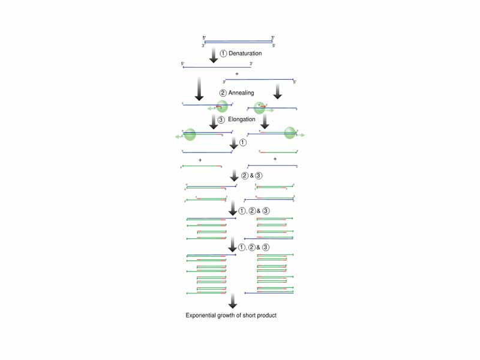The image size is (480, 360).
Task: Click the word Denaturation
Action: click(x=245, y=54)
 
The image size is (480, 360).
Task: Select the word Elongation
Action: click(x=242, y=119)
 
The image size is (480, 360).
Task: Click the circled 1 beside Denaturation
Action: click(x=223, y=54)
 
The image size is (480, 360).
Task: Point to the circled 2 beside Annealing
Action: click(x=223, y=93)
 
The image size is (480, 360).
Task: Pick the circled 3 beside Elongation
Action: click(x=221, y=119)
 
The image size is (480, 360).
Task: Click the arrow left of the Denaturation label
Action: click(x=213, y=55)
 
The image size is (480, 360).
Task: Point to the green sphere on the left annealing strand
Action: click(x=222, y=106)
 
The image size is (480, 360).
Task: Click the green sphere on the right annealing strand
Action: click(x=260, y=108)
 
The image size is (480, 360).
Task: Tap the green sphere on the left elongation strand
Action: click(x=191, y=134)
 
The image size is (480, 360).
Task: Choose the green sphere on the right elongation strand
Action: click(x=290, y=133)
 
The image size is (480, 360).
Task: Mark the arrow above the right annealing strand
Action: click(x=277, y=91)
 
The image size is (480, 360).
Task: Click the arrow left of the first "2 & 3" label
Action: click(x=234, y=176)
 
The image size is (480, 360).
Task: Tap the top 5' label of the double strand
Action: click(x=204, y=38)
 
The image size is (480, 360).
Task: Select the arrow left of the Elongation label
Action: click(x=213, y=121)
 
